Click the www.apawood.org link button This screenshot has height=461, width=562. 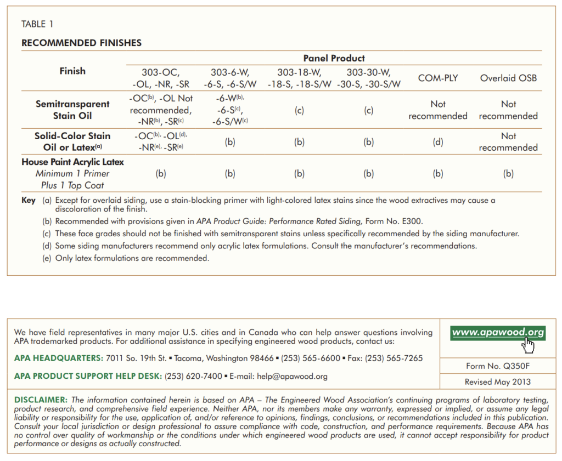pos(497,332)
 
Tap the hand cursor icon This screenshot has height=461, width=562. pos(529,345)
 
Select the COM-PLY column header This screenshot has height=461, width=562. pos(438,78)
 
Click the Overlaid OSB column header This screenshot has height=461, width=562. pos(508,78)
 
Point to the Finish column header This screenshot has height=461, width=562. pos(72,71)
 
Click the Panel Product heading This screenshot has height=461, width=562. pos(334,58)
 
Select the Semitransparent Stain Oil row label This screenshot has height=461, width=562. pos(72,110)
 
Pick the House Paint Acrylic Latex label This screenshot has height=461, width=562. pos(72,162)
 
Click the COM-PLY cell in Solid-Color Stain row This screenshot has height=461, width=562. pos(438,142)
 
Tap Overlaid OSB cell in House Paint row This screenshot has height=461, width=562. pos(508,174)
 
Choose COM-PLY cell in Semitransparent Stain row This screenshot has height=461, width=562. pos(438,110)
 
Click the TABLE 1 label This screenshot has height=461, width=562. pos(37,24)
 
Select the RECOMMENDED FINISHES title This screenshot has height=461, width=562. pos(81,43)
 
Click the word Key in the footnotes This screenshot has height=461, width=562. pos(29,201)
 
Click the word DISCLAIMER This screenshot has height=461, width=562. pos(41,400)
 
